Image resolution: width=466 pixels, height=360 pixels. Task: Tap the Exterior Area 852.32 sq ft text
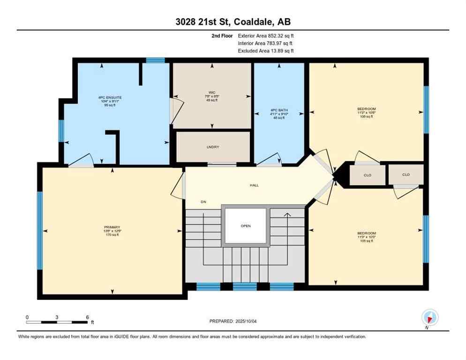[266, 35]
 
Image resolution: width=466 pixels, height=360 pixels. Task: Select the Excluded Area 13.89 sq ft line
[266, 51]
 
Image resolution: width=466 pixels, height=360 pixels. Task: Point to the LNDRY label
[213, 147]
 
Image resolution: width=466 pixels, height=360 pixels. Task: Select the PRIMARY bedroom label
[112, 227]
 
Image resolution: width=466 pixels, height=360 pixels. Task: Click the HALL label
[254, 185]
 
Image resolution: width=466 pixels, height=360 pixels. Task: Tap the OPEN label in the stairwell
[246, 226]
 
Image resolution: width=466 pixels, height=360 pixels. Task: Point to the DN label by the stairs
[203, 202]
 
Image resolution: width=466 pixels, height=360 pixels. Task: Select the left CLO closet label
[368, 175]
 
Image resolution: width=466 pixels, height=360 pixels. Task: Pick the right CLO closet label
[406, 174]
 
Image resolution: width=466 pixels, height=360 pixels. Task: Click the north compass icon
[429, 317]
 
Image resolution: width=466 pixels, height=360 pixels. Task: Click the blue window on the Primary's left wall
[40, 230]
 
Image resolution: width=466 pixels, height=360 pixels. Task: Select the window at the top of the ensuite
[155, 60]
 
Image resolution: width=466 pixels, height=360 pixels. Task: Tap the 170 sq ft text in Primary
[112, 235]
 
